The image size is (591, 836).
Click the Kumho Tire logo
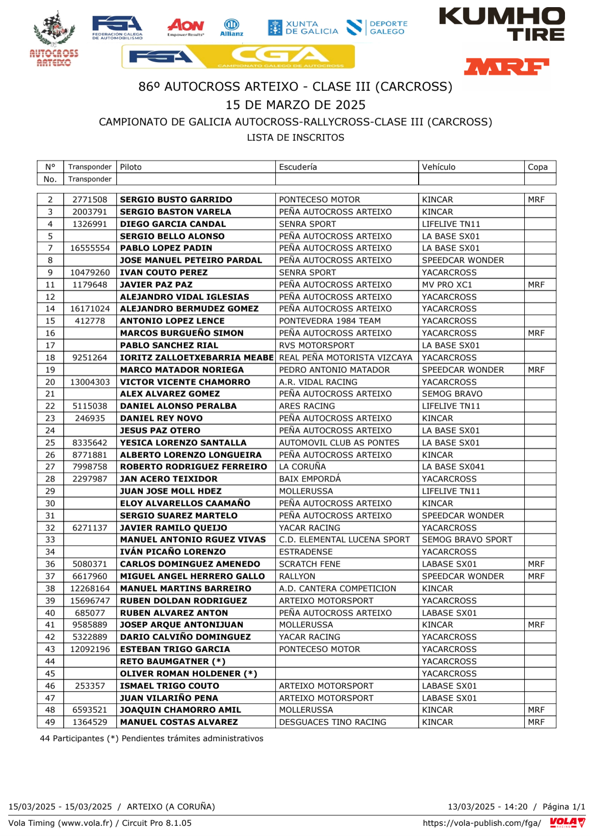tap(502, 24)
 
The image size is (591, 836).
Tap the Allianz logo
tap(232, 28)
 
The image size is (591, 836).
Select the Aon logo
tap(186, 27)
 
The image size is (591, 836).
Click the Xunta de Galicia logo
tap(303, 28)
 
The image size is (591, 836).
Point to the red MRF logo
tap(506, 67)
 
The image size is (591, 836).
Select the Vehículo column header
tap(439, 167)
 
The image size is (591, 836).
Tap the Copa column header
tap(537, 167)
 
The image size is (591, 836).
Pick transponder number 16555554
tap(90, 248)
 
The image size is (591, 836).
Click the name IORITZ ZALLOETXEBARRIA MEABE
tap(197, 358)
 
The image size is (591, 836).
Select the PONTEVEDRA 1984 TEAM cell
tap(329, 321)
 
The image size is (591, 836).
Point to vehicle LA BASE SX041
tap(453, 467)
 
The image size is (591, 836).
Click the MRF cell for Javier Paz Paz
tap(536, 285)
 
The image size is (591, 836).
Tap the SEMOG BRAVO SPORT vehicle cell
tap(467, 540)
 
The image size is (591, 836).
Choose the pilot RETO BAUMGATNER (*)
tap(172, 662)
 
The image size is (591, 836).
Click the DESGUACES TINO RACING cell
tap(332, 722)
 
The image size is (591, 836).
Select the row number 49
tap(50, 722)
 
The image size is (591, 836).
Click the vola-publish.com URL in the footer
tap(481, 823)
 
